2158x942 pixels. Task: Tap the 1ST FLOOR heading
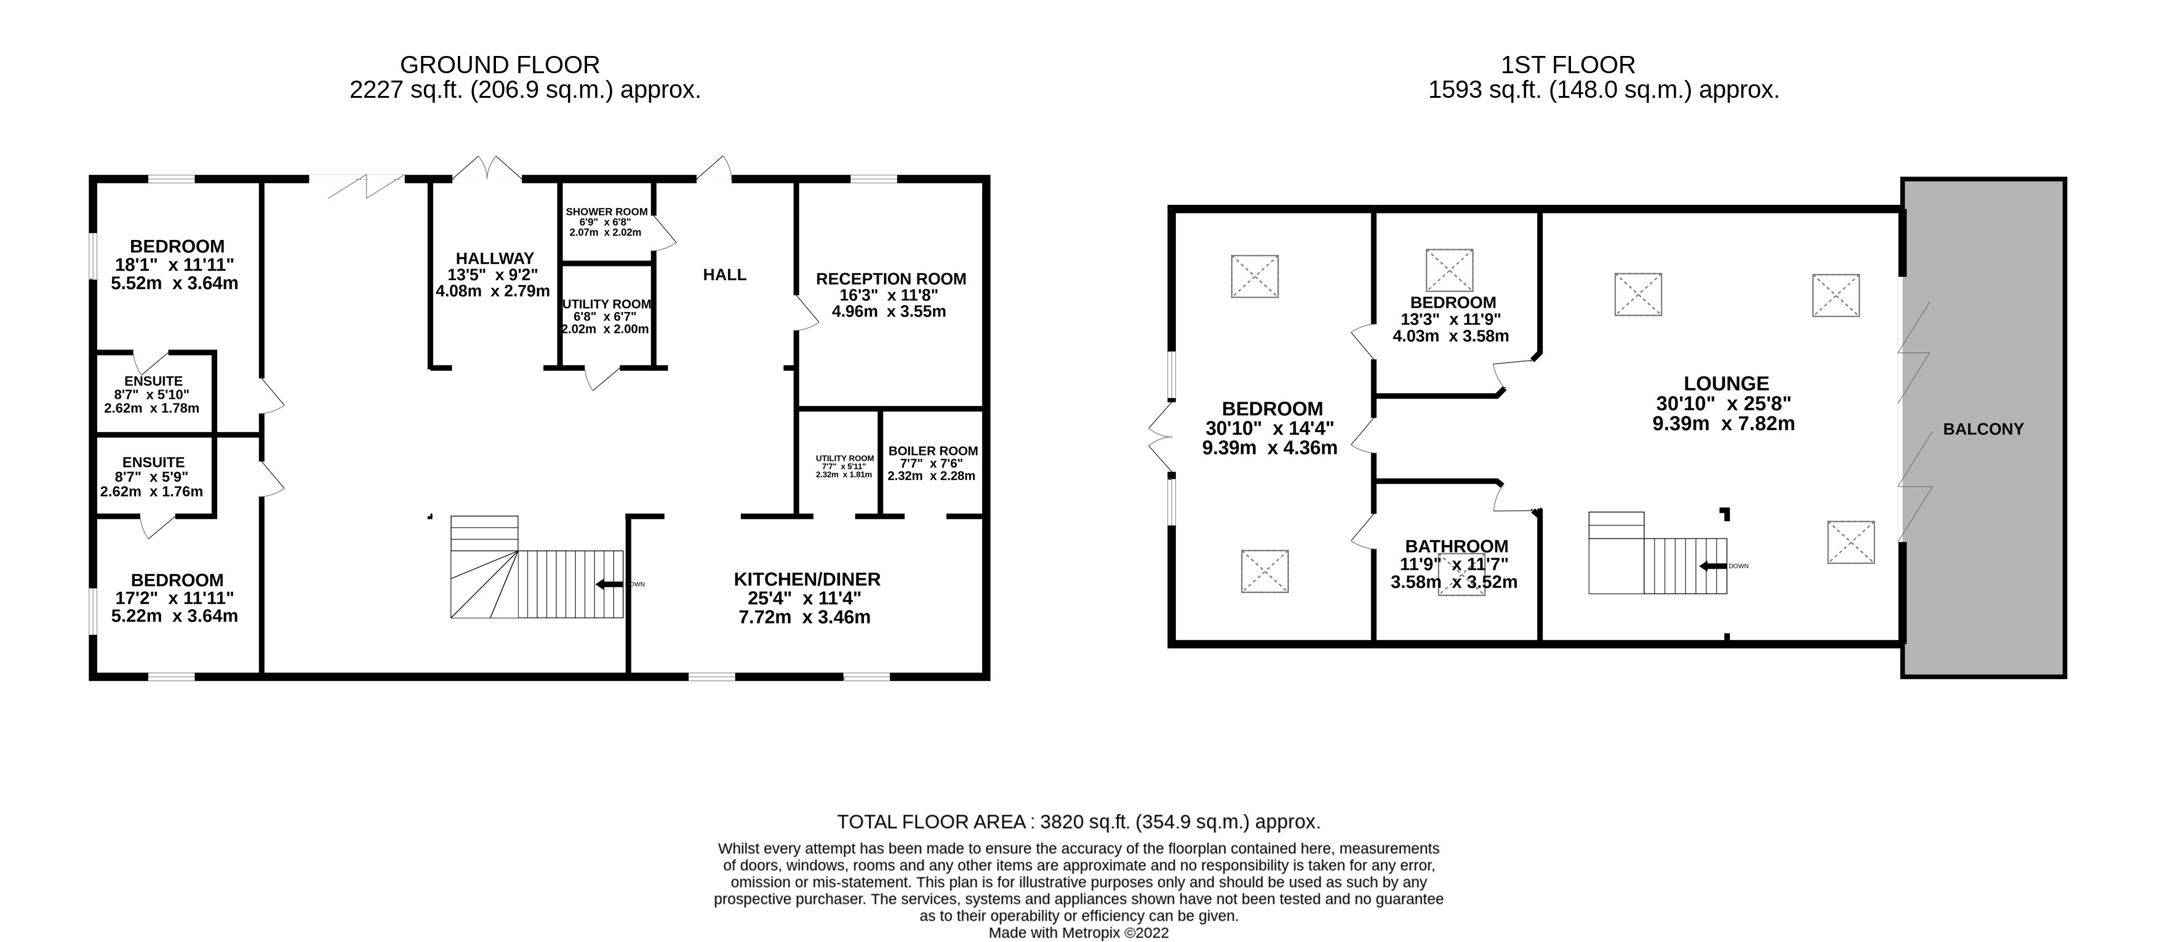[x=1567, y=65]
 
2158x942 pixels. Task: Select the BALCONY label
[x=1982, y=429]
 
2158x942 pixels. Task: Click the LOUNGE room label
[x=1726, y=383]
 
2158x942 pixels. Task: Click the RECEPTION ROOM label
[x=890, y=279]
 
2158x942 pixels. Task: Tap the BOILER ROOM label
[x=932, y=450]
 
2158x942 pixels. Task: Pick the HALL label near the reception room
[x=725, y=274]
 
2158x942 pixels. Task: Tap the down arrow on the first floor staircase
[x=1712, y=566]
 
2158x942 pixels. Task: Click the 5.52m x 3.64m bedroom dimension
[x=174, y=283]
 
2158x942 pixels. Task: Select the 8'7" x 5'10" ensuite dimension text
[x=151, y=394]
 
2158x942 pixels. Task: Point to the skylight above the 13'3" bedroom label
[x=1449, y=269]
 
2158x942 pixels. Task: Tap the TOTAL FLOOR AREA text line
[x=1078, y=821]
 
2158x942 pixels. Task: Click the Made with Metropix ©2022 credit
[x=1078, y=933]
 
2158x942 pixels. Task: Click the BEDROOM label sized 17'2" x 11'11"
[x=177, y=580]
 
